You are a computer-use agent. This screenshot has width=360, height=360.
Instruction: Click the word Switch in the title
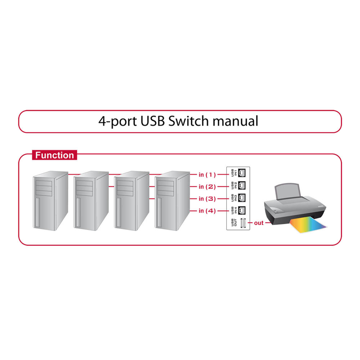tap(189, 121)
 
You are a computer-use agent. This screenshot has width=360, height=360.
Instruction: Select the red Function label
tap(54, 156)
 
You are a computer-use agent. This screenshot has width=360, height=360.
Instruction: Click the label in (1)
tap(207, 174)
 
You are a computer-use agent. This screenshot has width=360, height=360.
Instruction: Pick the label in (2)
tap(207, 186)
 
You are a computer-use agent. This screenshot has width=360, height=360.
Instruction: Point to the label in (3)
tap(207, 198)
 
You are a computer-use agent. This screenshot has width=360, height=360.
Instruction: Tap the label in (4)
tap(207, 211)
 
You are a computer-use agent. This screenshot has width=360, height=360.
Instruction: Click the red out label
tap(259, 223)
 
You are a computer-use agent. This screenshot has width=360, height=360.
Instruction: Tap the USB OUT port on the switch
tap(243, 223)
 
